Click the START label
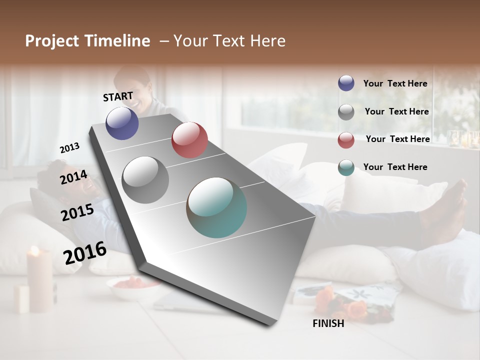coord(118,96)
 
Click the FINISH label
coord(328,323)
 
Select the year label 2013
coord(70,148)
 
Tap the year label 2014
coord(73,177)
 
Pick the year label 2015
coord(77,212)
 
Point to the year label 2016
coord(85,253)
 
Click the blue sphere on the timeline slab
coord(122,123)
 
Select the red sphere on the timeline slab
coord(189,139)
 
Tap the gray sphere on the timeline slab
coord(145,179)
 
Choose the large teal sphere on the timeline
coord(216,207)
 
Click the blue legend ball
coord(346,83)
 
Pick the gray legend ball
coord(346,111)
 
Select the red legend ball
coord(346,139)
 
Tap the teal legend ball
coord(346,167)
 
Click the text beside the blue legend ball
coord(395,83)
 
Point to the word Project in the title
coord(51,41)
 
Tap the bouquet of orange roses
coord(345,303)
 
